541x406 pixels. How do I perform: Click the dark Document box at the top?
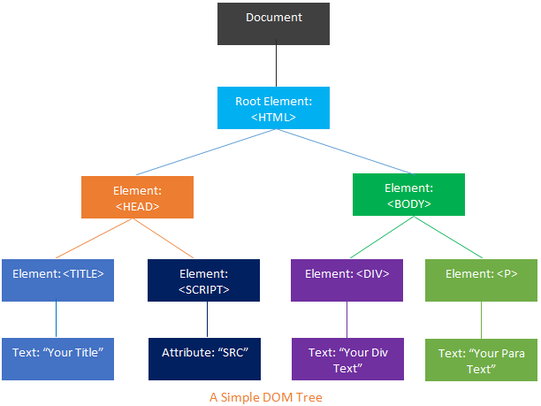click(273, 24)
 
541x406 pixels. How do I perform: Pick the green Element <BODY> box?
click(408, 195)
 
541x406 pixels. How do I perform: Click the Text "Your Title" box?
click(57, 358)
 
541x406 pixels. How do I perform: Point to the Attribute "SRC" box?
click(203, 358)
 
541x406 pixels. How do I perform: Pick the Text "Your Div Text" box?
click(347, 358)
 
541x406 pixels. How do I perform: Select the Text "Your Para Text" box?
click(481, 360)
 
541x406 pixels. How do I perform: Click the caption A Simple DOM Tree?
click(266, 397)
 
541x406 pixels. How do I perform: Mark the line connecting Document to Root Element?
click(278, 66)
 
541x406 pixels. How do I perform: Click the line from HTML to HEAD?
click(207, 152)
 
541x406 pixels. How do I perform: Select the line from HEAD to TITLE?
click(97, 239)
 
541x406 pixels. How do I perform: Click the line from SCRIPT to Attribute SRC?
click(203, 319)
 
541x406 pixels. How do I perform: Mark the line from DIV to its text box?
click(347, 319)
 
